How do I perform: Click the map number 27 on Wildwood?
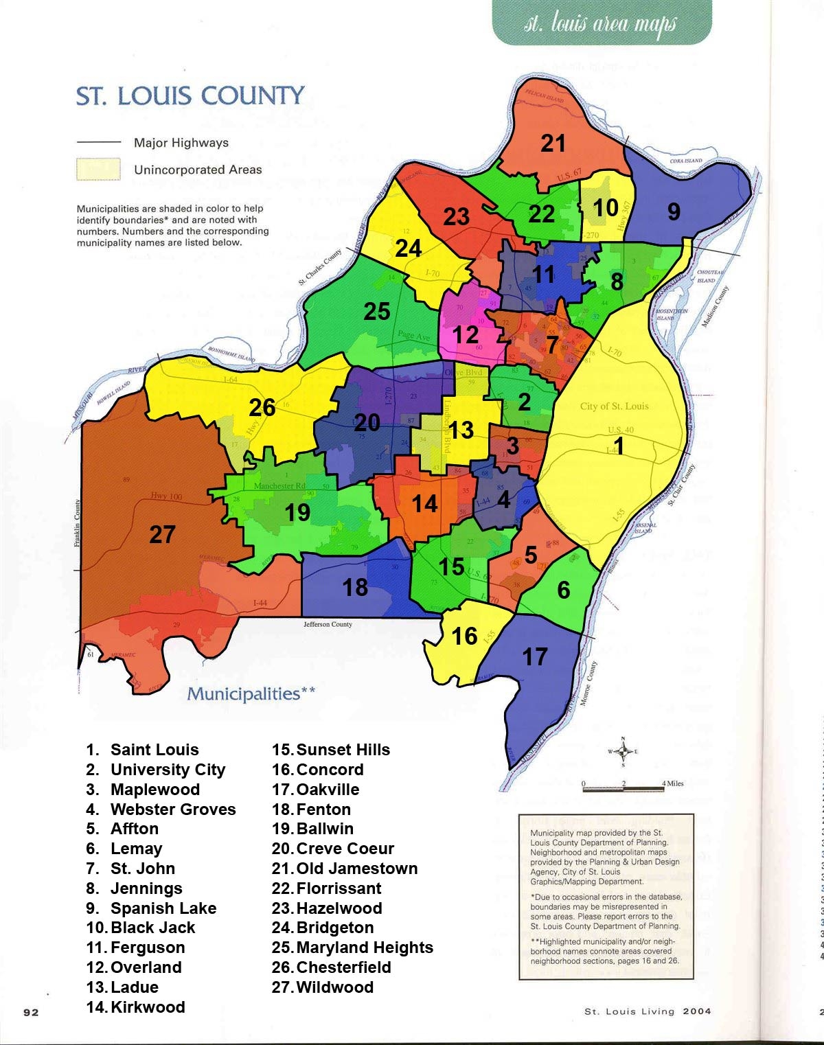tap(163, 535)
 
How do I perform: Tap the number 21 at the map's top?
tap(553, 143)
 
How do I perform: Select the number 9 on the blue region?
tap(674, 211)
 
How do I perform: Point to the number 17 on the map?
tap(534, 657)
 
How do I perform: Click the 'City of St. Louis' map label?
tap(614, 406)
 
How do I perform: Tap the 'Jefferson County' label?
tap(328, 625)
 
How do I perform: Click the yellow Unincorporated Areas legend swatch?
tap(98, 169)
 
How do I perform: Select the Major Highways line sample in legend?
tap(98, 142)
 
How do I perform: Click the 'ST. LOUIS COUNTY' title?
tap(190, 96)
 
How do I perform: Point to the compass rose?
tap(623, 752)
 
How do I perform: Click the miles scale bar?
tap(623, 788)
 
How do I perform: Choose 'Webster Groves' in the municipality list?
tap(172, 809)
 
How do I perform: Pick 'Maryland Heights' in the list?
tap(364, 948)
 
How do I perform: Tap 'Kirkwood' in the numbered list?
tap(148, 1007)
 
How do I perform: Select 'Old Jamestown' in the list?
tap(356, 869)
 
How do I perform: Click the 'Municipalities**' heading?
tap(251, 694)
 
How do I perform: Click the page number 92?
tap(31, 1012)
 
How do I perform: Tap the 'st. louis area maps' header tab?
tap(601, 24)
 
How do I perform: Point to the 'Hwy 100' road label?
tap(166, 496)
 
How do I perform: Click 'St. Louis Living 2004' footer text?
tap(648, 1011)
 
